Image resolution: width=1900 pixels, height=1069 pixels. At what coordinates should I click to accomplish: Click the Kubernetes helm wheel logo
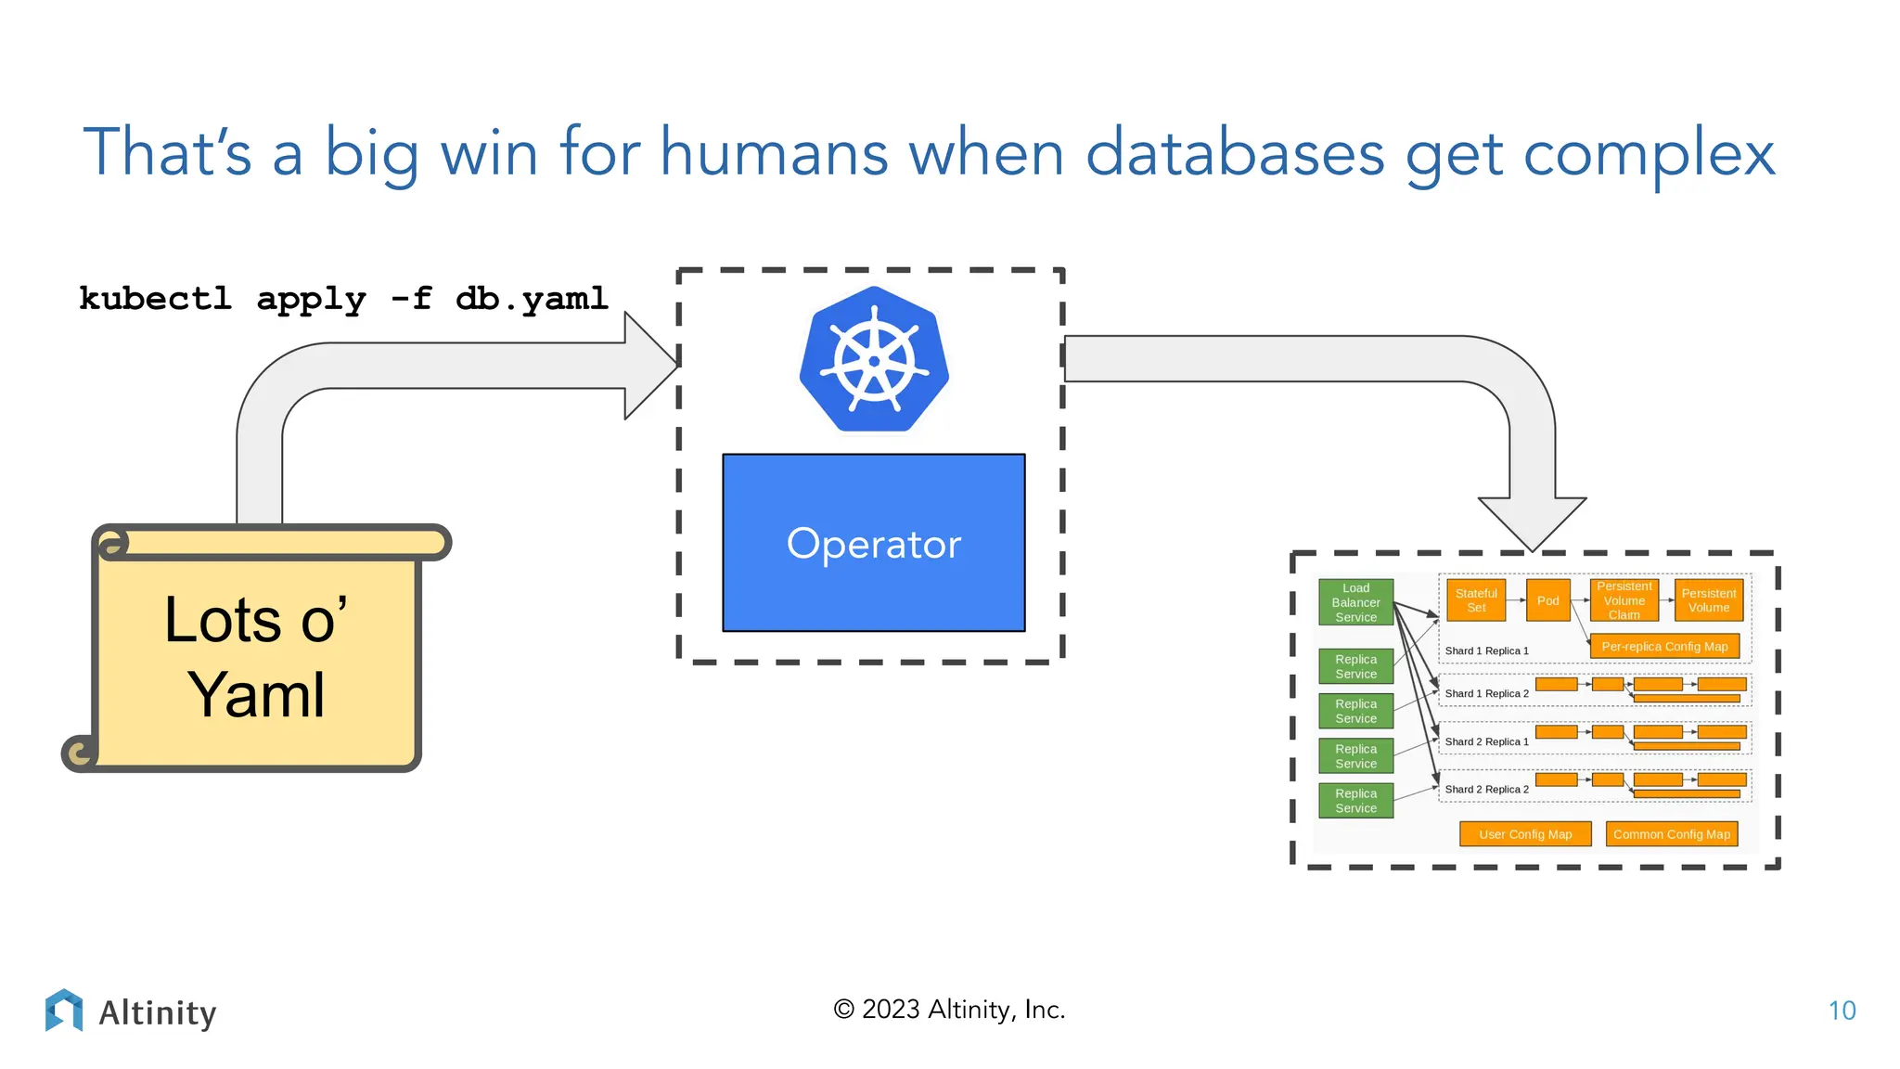coord(874,360)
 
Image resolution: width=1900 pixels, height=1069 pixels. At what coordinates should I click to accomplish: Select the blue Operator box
coord(873,543)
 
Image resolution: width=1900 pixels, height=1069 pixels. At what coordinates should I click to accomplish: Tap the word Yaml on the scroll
coord(256,695)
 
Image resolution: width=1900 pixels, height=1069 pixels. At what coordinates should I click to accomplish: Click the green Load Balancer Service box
coord(1355,602)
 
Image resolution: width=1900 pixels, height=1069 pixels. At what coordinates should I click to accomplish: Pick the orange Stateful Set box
coord(1475,600)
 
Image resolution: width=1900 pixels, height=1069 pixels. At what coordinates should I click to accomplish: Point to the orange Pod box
coord(1547,600)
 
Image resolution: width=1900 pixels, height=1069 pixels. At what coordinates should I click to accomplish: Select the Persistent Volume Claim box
coord(1624,600)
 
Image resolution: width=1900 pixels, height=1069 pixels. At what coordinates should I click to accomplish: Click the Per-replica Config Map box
coord(1663,647)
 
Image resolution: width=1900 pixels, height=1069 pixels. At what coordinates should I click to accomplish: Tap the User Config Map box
coord(1524,834)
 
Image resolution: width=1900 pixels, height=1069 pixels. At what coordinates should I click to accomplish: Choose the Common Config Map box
coord(1671,834)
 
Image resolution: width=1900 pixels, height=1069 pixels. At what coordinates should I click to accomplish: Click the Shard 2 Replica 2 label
coord(1486,790)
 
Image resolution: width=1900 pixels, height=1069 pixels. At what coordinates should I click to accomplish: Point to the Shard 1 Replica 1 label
coord(1486,651)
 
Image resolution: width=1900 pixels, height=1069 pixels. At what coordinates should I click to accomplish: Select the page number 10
coord(1842,1011)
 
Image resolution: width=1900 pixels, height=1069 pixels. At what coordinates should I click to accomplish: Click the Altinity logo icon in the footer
coord(64,1010)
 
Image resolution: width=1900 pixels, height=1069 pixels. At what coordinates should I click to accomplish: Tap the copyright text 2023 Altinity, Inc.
coord(949,1010)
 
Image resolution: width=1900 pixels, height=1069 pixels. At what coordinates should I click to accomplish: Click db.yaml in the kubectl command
coord(532,299)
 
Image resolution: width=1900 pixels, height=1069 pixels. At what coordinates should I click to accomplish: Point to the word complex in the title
coord(1649,153)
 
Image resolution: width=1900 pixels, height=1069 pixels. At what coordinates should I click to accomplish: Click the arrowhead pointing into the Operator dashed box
coord(651,366)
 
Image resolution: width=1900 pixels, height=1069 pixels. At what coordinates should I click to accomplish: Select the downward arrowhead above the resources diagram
coord(1532,522)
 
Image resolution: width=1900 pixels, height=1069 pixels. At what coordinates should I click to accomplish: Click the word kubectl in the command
coord(155,299)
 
